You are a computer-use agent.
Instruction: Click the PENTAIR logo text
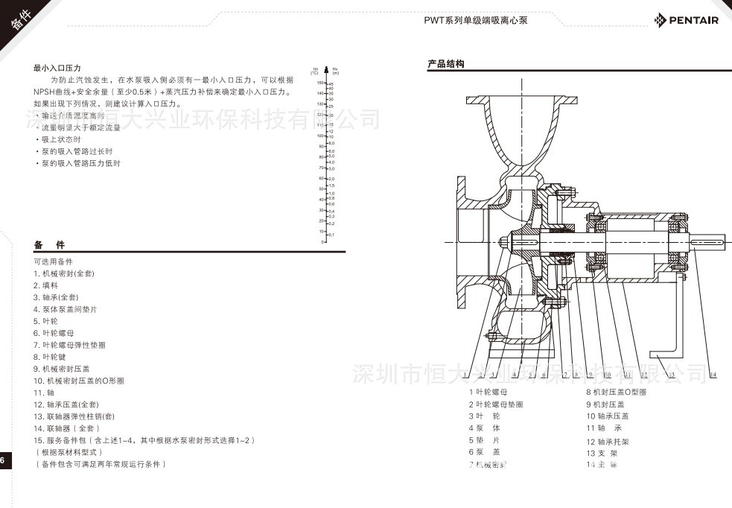(x=692, y=20)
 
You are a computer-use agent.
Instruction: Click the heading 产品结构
(x=446, y=64)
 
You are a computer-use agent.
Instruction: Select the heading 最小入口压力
(x=57, y=67)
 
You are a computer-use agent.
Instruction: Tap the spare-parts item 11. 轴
(x=44, y=392)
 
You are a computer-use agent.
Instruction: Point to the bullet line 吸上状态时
(x=60, y=139)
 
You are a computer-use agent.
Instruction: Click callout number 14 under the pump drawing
(x=713, y=375)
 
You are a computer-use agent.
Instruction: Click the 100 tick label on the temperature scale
(x=321, y=136)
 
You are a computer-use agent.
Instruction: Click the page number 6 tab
(x=3, y=460)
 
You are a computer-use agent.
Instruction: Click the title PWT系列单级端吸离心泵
(x=476, y=20)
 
